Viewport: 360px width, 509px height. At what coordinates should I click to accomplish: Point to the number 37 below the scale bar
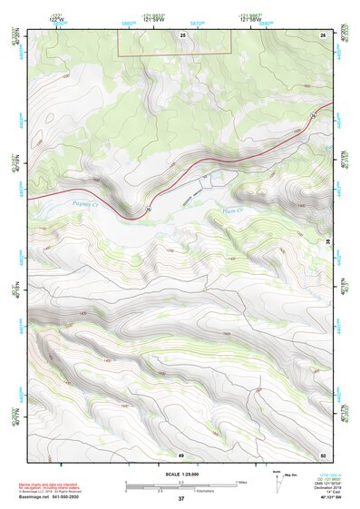[x=180, y=499]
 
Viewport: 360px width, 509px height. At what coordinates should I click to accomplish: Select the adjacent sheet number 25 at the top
[x=181, y=34]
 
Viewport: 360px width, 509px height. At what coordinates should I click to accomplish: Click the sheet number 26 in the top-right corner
[x=323, y=34]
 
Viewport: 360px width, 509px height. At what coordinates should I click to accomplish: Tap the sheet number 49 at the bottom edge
[x=180, y=454]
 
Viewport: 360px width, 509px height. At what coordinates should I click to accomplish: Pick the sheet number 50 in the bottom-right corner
[x=323, y=454]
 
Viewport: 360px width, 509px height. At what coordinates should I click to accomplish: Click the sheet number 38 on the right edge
[x=326, y=241]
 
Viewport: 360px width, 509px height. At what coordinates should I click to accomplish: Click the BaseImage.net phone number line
[x=50, y=498]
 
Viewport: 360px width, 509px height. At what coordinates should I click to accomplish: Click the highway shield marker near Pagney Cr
[x=148, y=210]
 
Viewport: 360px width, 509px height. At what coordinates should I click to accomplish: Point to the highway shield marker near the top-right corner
[x=313, y=113]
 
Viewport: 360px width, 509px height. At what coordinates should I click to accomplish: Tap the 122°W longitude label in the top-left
[x=56, y=20]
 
